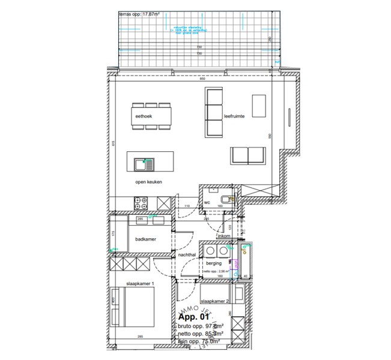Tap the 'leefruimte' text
[x=234, y=116]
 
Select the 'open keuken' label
[x=148, y=182]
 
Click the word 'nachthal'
[x=187, y=255]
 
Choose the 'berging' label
[x=213, y=263]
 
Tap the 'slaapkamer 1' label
[x=140, y=283]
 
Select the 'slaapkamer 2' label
[x=215, y=301]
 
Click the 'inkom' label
[x=224, y=236]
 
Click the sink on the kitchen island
[x=144, y=163]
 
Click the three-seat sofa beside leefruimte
[x=213, y=112]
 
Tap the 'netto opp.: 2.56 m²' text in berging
[x=214, y=272]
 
